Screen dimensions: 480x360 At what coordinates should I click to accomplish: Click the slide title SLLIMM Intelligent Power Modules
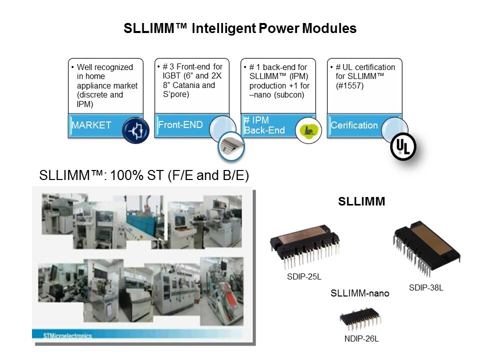[x=240, y=28]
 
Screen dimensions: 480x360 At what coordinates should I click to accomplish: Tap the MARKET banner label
[x=91, y=125]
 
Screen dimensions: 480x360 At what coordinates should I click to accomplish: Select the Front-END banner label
[x=180, y=125]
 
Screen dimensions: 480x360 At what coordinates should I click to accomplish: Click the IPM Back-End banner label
[x=264, y=125]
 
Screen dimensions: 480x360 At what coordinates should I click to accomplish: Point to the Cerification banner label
[x=354, y=125]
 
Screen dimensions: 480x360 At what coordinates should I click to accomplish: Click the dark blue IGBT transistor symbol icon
[x=135, y=130]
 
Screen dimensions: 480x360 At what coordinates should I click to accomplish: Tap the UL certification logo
[x=403, y=147]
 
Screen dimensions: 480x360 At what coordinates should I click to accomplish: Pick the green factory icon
[x=308, y=130]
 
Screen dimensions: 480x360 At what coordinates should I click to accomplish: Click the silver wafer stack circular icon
[x=231, y=146]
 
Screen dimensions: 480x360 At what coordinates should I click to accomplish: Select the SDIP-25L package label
[x=304, y=276]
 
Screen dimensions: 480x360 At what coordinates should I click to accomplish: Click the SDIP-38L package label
[x=426, y=288]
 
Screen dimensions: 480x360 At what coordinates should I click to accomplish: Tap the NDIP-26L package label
[x=361, y=339]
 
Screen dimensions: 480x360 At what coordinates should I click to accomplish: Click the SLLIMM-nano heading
[x=360, y=293]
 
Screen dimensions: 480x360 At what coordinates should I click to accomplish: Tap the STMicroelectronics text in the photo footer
[x=67, y=336]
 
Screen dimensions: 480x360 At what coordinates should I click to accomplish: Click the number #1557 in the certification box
[x=349, y=85]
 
